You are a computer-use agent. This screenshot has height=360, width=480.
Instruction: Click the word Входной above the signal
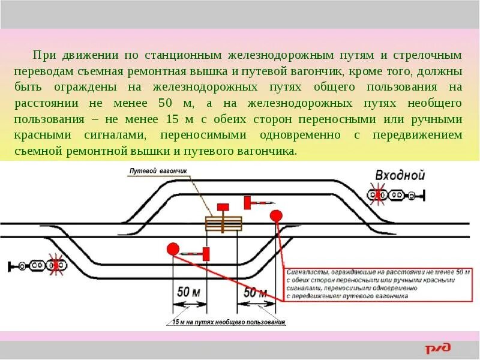click(x=400, y=175)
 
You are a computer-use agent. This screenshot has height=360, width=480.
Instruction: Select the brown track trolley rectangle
click(x=224, y=223)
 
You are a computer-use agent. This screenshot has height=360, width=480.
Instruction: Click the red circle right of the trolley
click(x=276, y=215)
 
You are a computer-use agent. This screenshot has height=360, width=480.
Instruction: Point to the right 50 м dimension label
click(x=256, y=292)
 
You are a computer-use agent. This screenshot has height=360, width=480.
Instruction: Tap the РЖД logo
click(x=439, y=349)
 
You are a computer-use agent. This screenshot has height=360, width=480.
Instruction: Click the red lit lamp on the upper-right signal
click(x=379, y=194)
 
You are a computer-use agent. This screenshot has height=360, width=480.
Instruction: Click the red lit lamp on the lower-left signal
click(x=58, y=265)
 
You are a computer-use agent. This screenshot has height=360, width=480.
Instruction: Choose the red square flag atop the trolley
click(x=224, y=207)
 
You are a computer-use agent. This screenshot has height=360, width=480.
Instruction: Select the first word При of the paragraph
click(x=44, y=55)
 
